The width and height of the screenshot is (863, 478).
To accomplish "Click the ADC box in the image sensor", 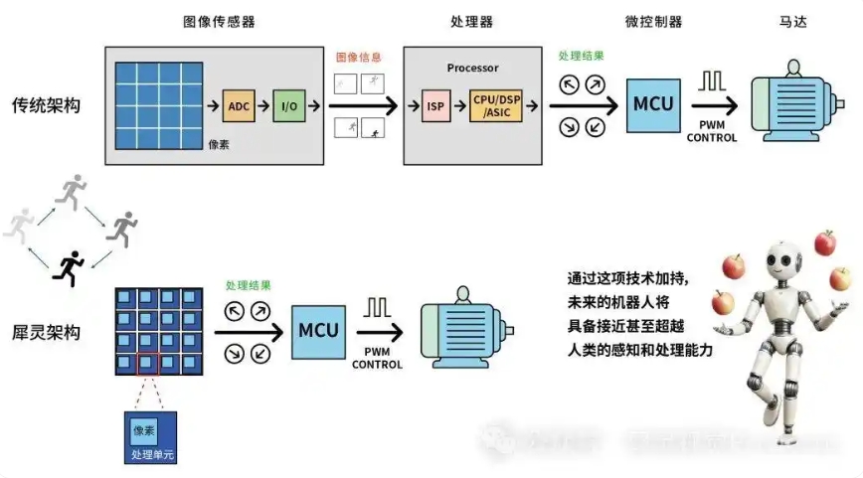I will point(240,105).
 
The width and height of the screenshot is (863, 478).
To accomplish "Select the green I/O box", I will point(288,105).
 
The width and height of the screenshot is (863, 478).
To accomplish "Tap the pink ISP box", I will point(435,105).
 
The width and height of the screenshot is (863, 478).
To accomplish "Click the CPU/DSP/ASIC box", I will point(495,105).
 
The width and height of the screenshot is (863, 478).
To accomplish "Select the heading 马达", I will point(791,21).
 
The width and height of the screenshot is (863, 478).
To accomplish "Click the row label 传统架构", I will point(46,104).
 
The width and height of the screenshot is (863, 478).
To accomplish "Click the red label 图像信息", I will point(358,59).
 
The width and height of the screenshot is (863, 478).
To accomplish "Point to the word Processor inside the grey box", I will point(473,69).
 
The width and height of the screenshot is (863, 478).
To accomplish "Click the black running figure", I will point(71,265).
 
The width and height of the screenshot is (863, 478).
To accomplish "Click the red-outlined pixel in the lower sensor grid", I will point(148,365).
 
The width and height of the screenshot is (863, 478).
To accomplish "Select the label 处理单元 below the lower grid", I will point(151,454).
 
